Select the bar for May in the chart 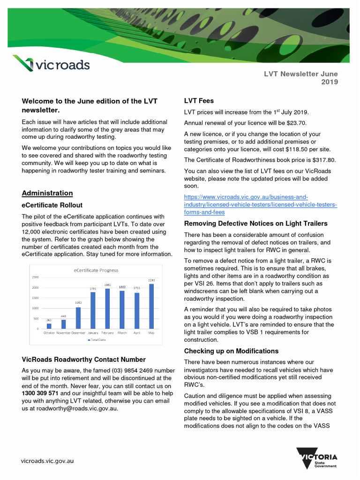tap(151, 306)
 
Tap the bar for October tap(49, 326)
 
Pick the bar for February tap(107, 308)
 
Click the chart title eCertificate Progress tap(96, 270)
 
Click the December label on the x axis tap(78, 333)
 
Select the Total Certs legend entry tap(97, 340)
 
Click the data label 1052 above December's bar tap(78, 303)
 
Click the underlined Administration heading tap(47, 193)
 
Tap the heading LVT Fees tap(199, 101)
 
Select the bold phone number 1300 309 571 tap(41, 393)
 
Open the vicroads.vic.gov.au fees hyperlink tap(260, 205)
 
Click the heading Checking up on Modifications tap(231, 351)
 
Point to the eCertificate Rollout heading tap(52, 205)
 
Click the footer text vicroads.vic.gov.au tap(47, 461)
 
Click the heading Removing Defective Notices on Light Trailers tap(255, 224)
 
